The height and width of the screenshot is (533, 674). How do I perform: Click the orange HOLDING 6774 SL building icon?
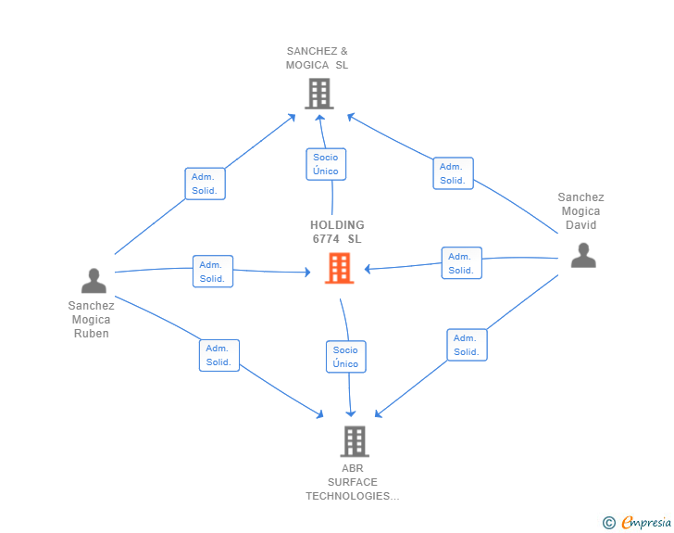coord(339,268)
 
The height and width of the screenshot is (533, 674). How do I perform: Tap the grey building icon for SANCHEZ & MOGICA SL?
coord(319,94)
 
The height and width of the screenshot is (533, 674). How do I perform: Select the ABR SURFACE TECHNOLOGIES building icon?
coord(355,441)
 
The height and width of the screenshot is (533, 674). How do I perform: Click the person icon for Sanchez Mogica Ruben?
coord(94,281)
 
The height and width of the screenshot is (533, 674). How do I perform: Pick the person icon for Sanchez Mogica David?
coord(583,255)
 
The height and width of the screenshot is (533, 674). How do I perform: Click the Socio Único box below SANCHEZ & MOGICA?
coord(326,164)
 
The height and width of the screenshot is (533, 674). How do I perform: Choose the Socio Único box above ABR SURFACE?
coord(346,357)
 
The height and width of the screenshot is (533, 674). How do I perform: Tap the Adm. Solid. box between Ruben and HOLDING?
coord(213,272)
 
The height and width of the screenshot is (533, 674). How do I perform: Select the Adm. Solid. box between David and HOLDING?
coord(462,263)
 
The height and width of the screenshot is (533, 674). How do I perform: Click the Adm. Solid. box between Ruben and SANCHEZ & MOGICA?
coord(205,184)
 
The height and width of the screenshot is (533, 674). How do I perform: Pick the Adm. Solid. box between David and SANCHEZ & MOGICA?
coord(453,173)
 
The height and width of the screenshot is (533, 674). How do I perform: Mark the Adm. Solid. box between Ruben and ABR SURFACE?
coord(219,355)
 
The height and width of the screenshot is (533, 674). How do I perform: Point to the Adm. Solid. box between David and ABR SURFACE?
coord(467,345)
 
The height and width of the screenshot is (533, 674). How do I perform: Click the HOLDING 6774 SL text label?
coord(337,232)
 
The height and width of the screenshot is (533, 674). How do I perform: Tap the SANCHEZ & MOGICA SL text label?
coord(318,58)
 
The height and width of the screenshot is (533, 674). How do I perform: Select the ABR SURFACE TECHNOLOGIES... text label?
coord(353,482)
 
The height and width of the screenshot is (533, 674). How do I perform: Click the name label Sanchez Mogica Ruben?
coord(91,320)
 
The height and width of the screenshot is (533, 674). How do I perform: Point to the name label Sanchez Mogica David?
coord(580,211)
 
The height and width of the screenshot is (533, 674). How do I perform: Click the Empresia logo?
coord(637,522)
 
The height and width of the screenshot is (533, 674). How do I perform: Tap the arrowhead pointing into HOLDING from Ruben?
coord(307,273)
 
